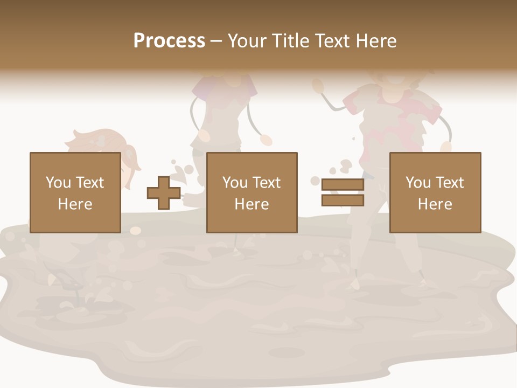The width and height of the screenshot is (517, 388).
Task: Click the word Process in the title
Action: pyautogui.click(x=169, y=41)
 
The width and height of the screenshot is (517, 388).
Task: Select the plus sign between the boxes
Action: pyautogui.click(x=164, y=193)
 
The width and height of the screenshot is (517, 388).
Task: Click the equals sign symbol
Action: pyautogui.click(x=343, y=192)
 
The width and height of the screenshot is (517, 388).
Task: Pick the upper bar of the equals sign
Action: pyautogui.click(x=343, y=185)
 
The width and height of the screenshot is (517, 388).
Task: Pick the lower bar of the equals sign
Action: pyautogui.click(x=343, y=200)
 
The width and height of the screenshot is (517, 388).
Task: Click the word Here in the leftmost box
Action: pyautogui.click(x=75, y=204)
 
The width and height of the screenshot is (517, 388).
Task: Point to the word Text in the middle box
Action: pyautogui.click(x=267, y=183)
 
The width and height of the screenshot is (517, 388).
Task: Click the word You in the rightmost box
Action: pyautogui.click(x=418, y=183)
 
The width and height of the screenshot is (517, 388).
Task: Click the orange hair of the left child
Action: pyautogui.click(x=92, y=141)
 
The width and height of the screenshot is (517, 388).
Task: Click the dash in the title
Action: pyautogui.click(x=216, y=41)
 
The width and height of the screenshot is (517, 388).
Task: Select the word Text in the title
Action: pyautogui.click(x=332, y=41)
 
